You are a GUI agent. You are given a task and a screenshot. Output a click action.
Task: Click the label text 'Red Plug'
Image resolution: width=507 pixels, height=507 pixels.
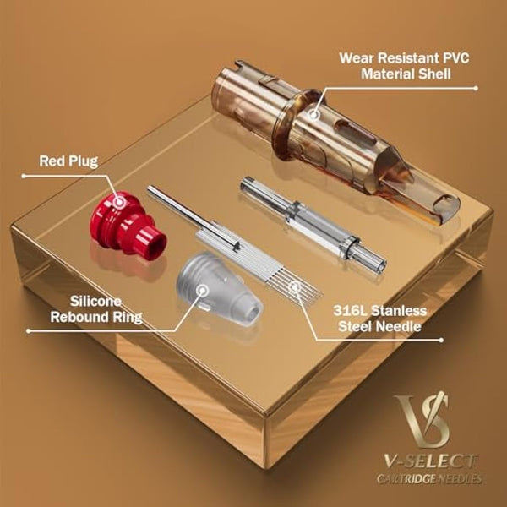68,161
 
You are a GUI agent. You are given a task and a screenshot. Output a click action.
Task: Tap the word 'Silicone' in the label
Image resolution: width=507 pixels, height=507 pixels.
95,302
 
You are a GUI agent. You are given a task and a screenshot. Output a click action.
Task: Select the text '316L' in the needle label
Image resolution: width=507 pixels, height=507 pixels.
349,311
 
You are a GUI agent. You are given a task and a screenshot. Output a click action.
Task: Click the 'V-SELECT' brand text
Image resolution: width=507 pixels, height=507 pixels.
430,461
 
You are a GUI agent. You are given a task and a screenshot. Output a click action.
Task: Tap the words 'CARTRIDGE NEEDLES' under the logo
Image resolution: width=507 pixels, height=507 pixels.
429,479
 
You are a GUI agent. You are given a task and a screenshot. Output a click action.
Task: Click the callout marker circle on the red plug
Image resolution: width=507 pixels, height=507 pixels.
120,203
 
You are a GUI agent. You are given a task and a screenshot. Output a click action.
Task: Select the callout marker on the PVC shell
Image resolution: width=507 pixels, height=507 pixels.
313,114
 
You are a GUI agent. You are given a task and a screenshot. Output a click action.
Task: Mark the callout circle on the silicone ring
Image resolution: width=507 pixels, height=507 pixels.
203,290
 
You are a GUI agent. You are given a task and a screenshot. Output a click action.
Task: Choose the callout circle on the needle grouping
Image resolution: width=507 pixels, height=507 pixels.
294,286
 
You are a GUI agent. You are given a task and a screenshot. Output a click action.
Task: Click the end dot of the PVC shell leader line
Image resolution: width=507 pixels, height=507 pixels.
476,88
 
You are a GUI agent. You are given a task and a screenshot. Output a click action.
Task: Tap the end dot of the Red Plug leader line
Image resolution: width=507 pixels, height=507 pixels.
24,176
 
